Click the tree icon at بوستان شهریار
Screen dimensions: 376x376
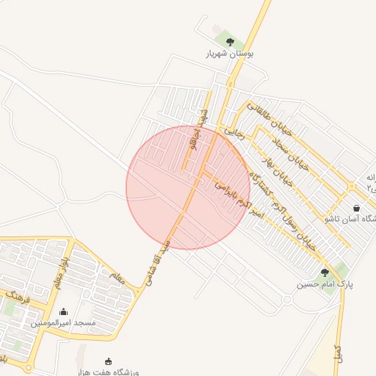(x=230, y=42)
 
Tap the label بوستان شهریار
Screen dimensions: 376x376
(x=230, y=54)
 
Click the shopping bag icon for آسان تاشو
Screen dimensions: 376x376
(x=357, y=208)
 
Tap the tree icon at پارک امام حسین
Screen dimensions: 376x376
(x=325, y=272)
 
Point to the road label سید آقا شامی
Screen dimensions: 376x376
(x=161, y=261)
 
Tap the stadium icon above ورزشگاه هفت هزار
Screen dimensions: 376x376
(x=109, y=361)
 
